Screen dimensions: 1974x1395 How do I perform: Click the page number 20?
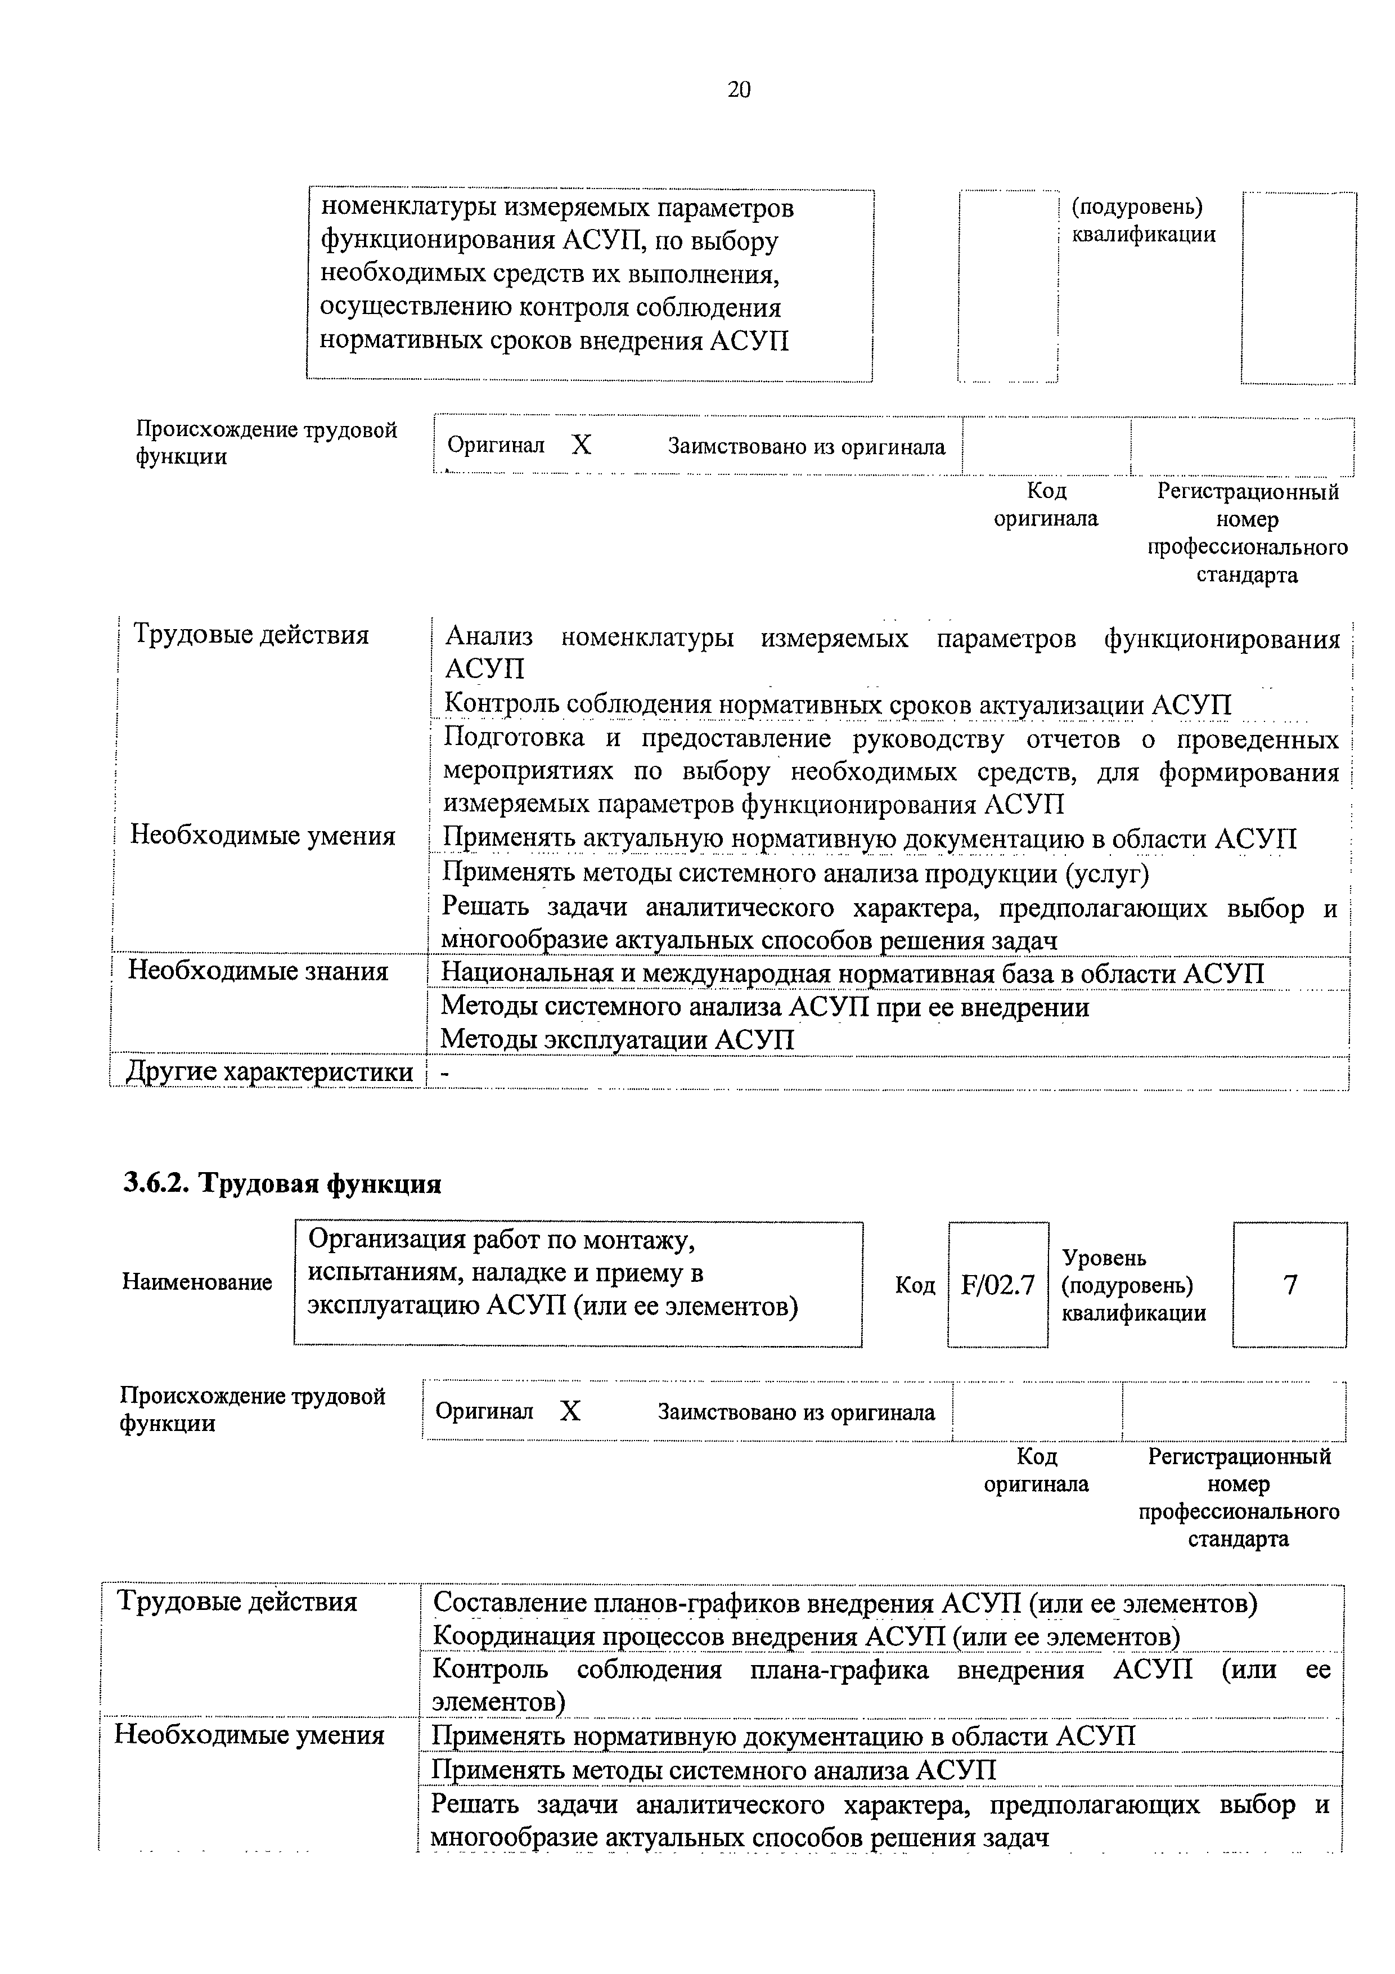[739, 89]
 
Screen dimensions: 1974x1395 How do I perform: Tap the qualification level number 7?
[1289, 1285]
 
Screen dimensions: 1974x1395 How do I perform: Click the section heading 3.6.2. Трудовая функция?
[282, 1184]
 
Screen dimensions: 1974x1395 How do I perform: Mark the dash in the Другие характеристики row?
[444, 1073]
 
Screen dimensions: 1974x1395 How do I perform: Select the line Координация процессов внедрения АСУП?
[805, 1636]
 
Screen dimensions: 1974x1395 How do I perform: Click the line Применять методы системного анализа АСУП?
[713, 1770]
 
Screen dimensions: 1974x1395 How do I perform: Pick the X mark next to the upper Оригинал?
[582, 445]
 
